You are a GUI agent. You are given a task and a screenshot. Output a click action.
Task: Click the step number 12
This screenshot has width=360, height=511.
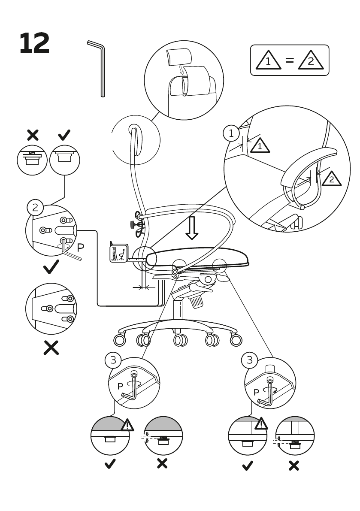click(x=34, y=43)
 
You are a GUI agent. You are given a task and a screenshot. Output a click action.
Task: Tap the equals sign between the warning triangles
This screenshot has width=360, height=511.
click(x=290, y=60)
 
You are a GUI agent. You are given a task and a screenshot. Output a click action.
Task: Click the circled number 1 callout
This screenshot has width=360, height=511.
click(x=231, y=133)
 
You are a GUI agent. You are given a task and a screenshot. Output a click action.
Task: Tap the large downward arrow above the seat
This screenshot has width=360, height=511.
click(x=192, y=227)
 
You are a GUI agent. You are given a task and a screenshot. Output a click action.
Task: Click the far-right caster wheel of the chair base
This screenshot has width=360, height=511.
click(x=236, y=340)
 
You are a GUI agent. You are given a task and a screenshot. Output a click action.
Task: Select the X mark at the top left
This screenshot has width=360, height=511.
click(x=33, y=136)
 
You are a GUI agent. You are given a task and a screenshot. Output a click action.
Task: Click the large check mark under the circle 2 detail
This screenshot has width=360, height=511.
click(x=51, y=268)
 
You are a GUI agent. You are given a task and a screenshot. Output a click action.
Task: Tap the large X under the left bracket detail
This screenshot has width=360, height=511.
click(x=51, y=348)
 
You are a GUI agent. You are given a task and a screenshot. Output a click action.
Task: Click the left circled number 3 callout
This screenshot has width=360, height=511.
click(x=113, y=360)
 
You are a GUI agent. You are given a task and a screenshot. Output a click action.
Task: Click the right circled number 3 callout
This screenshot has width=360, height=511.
click(x=250, y=360)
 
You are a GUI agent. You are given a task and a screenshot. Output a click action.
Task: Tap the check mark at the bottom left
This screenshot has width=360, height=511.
click(x=110, y=464)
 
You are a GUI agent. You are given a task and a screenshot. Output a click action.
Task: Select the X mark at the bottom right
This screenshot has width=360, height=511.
click(x=294, y=465)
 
